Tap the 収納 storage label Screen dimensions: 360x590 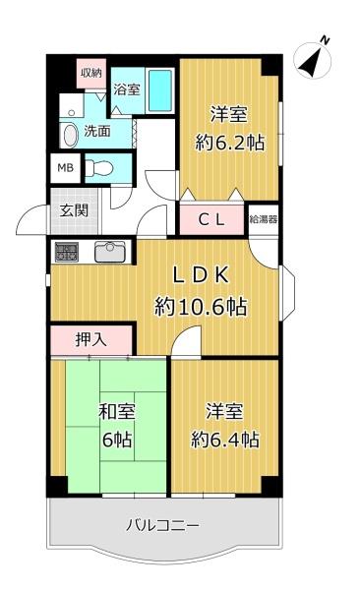coord(91,73)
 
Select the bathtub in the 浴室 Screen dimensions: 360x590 coord(160,90)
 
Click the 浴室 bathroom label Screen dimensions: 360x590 coord(127,89)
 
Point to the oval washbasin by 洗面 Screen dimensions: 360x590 coord(70,135)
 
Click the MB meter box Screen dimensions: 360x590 coord(66,168)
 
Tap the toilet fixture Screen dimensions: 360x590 coord(98,168)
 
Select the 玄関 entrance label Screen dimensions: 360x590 coord(75,210)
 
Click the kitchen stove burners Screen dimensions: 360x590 coord(67,252)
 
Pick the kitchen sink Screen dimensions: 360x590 coord(109,252)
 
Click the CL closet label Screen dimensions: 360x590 coord(211,219)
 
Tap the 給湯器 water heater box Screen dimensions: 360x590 coord(264,219)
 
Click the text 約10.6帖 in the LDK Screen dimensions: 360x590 coord(201,307)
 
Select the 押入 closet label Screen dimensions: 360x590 coord(91,340)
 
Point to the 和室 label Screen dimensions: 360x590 coord(117,411)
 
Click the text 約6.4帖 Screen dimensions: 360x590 coord(225,440)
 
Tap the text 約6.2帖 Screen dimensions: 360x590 coord(230,143)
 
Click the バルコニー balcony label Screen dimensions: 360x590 coord(162,524)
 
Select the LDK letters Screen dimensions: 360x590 coord(201,275)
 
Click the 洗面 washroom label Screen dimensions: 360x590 coord(97,131)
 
